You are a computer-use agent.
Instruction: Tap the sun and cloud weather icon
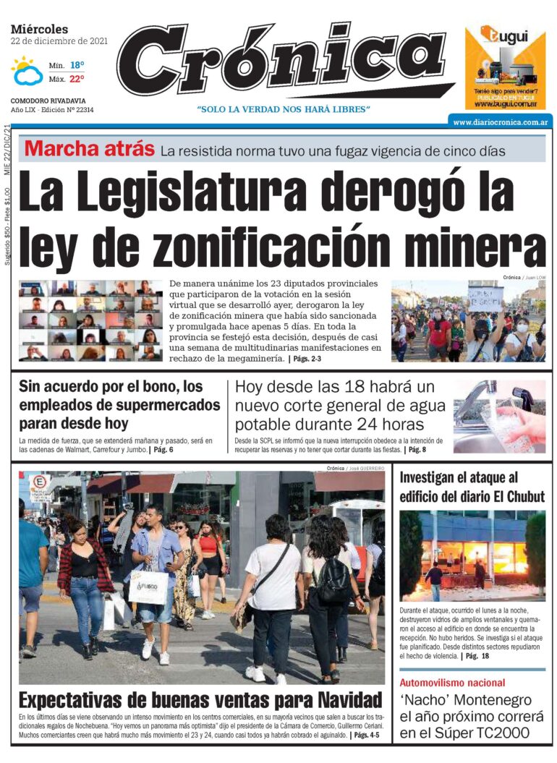(27, 71)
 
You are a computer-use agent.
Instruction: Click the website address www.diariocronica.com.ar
(499, 122)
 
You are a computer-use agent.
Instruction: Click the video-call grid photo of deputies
(90, 320)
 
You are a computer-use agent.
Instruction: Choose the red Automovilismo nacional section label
(452, 683)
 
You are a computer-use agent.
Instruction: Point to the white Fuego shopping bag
(148, 587)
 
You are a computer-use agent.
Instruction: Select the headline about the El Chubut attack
(472, 487)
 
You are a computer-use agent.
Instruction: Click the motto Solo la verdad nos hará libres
(284, 109)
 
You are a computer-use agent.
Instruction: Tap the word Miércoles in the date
(40, 29)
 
